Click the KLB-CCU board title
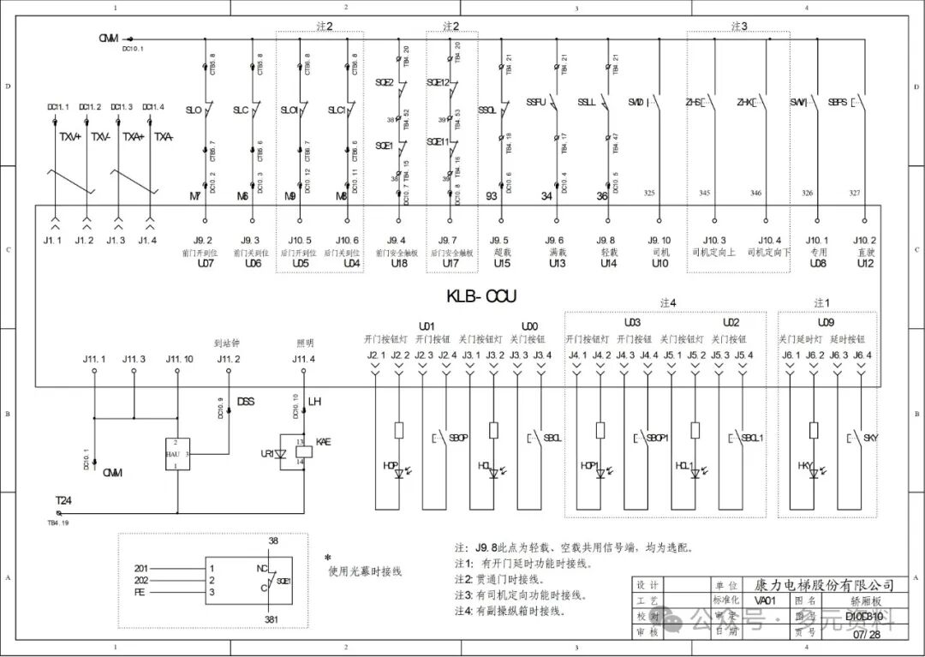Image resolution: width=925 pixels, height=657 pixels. click(x=481, y=296)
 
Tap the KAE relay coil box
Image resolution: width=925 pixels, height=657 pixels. click(x=301, y=452)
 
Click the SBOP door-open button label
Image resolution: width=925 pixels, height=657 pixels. click(x=458, y=439)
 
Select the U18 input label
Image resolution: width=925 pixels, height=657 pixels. click(x=398, y=264)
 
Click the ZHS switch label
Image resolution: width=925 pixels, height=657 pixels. click(x=694, y=102)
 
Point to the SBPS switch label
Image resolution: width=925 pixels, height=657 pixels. click(x=837, y=102)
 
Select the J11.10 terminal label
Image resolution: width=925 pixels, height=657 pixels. click(x=179, y=357)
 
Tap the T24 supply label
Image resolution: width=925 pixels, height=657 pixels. click(x=63, y=500)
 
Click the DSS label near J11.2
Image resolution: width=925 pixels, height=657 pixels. click(x=245, y=402)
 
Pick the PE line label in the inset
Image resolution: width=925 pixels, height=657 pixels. click(x=141, y=592)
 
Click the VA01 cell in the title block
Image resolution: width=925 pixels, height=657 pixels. click(x=765, y=600)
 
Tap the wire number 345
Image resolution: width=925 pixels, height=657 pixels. click(x=704, y=194)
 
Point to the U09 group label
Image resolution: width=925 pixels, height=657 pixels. click(x=826, y=323)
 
